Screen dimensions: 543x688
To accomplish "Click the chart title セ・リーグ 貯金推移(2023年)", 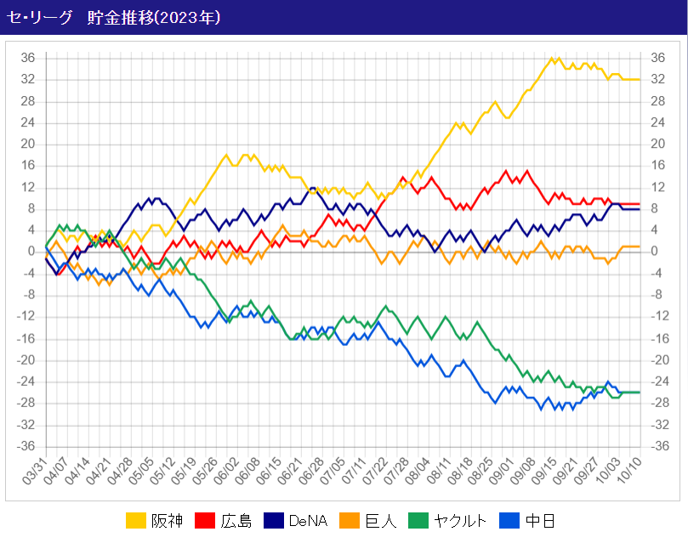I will pyautogui.click(x=114, y=17).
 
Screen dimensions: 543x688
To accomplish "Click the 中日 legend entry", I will pyautogui.click(x=541, y=520).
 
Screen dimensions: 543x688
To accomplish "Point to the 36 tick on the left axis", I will pyautogui.click(x=28, y=58).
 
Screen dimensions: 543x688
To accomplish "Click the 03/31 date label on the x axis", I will pyautogui.click(x=37, y=472).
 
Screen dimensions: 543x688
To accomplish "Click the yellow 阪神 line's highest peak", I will pyautogui.click(x=553, y=58).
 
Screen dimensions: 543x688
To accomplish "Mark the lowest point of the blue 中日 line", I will pyautogui.click(x=541, y=409).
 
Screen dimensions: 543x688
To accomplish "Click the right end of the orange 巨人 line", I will pyautogui.click(x=639, y=246).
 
